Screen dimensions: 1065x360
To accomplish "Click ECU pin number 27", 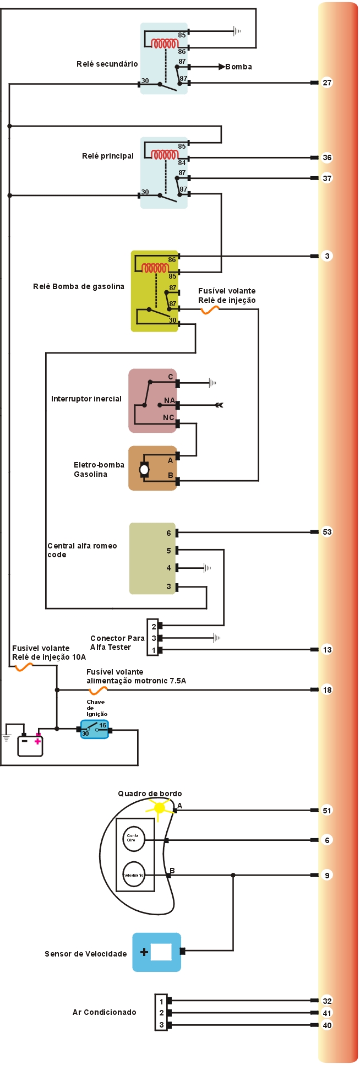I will click(x=327, y=83).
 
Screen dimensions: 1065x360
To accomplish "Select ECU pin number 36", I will click(x=327, y=157).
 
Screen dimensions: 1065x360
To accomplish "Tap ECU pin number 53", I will click(x=327, y=532).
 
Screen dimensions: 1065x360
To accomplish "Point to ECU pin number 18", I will click(x=327, y=689).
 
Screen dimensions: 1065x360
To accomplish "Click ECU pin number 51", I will click(x=327, y=810).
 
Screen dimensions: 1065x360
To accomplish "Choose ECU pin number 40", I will click(x=327, y=1025).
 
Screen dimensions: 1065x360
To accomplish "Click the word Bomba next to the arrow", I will click(x=238, y=67).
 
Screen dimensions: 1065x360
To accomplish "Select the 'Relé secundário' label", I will click(x=107, y=64).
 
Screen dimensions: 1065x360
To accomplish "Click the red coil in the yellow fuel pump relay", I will click(x=155, y=268).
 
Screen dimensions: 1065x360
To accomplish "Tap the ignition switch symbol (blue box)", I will click(x=94, y=729).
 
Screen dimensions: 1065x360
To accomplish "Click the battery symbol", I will click(x=30, y=745).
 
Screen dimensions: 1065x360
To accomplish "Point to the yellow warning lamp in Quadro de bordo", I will click(x=160, y=808).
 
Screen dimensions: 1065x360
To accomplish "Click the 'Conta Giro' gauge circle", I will click(x=133, y=838).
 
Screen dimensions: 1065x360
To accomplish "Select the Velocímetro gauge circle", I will click(x=133, y=874).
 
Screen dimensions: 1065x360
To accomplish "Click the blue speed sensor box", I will click(x=157, y=952).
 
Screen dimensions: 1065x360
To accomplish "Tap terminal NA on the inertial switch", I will click(x=170, y=401).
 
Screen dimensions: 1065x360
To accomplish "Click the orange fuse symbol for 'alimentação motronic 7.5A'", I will click(x=99, y=691).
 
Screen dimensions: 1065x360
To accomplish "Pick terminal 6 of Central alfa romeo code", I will click(x=169, y=533).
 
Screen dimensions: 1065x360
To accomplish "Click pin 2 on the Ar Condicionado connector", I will click(x=161, y=1013).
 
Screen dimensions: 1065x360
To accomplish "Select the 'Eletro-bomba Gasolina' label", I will click(x=99, y=469).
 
